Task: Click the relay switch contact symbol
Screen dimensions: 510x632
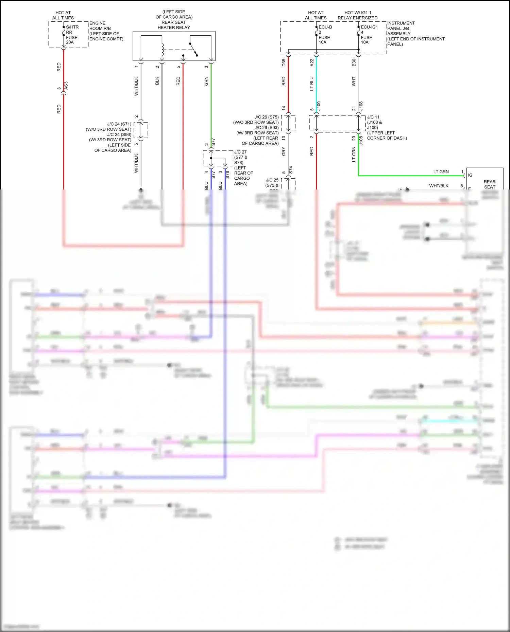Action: pyautogui.click(x=193, y=49)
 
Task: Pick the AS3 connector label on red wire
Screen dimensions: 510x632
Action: pyautogui.click(x=66, y=86)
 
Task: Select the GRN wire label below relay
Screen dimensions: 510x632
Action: pyautogui.click(x=206, y=81)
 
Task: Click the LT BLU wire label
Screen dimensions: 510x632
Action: pyautogui.click(x=312, y=84)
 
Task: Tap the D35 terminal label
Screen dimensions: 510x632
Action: pyautogui.click(x=284, y=62)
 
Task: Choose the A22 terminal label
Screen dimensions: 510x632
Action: pyautogui.click(x=312, y=62)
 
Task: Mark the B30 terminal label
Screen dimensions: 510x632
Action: pyautogui.click(x=354, y=62)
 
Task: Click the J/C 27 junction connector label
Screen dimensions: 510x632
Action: pyautogui.click(x=240, y=152)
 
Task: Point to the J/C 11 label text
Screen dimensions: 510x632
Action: pyautogui.click(x=373, y=117)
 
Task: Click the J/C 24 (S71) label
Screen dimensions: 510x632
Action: pyautogui.click(x=119, y=124)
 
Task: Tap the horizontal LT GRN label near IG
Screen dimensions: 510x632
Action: pyautogui.click(x=441, y=172)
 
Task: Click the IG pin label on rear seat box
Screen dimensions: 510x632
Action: pyautogui.click(x=470, y=175)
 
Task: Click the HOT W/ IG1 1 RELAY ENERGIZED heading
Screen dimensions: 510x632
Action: pyautogui.click(x=358, y=15)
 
